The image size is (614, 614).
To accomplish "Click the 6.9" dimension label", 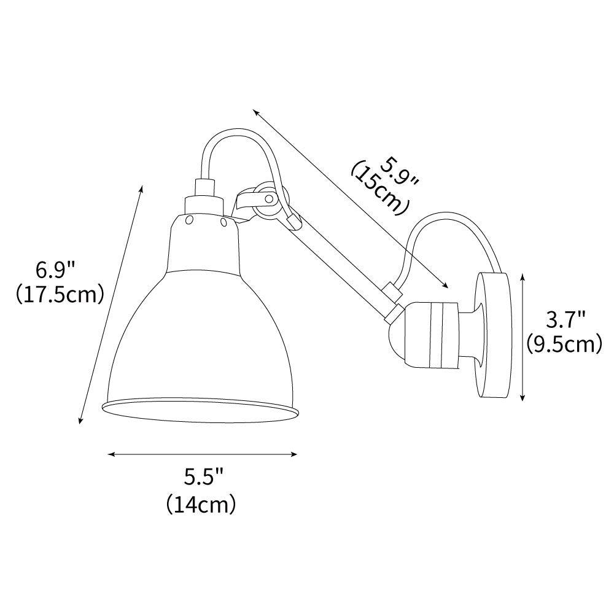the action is click(x=55, y=270).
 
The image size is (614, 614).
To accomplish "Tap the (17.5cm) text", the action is click(x=60, y=295).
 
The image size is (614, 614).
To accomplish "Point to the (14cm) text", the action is click(x=201, y=503).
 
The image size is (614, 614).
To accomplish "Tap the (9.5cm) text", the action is click(x=564, y=344).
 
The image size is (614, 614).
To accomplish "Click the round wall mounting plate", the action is click(x=492, y=336).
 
